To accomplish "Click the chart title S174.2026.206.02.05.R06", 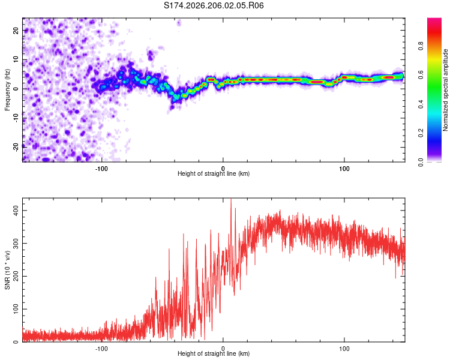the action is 214,5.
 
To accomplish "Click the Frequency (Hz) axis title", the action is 7,90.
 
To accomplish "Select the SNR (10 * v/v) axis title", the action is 7,270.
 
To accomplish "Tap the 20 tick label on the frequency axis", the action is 16,30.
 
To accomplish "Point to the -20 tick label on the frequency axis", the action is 16,147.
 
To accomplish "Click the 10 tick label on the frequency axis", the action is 16,59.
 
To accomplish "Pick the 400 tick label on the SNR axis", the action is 16,211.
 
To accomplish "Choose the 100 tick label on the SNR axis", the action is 16,309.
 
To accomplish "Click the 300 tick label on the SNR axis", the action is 16,244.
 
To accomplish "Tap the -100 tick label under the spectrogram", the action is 101,169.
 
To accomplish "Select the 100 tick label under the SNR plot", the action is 344,349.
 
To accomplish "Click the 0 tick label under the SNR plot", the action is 223,349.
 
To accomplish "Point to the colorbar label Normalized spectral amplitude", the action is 445,90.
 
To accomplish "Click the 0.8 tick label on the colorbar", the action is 421,46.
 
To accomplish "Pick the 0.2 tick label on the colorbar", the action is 421,133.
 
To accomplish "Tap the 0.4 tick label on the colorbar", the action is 421,104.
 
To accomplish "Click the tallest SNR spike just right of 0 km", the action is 231,199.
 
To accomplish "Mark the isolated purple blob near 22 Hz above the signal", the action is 179,23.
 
